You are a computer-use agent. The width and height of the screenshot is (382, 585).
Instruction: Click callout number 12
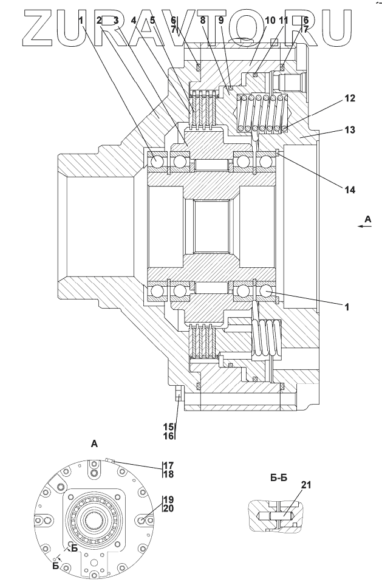(x=350, y=98)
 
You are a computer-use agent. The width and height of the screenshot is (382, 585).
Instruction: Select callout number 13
(x=350, y=130)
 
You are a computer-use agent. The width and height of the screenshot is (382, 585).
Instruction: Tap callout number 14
(x=350, y=190)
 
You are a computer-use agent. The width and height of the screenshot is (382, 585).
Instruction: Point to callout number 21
(x=306, y=485)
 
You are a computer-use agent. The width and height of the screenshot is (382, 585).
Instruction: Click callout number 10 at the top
(x=271, y=21)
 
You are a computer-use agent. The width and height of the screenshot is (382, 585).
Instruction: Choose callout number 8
(x=203, y=21)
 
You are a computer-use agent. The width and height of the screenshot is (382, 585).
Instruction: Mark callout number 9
(x=221, y=21)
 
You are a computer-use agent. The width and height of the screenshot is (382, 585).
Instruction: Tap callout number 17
(x=168, y=465)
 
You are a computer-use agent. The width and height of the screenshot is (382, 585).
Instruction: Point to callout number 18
(x=168, y=474)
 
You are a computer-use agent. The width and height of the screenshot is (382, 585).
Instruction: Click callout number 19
(x=168, y=499)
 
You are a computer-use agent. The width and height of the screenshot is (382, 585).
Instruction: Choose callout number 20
(x=168, y=508)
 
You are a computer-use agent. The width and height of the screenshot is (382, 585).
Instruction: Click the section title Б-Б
(x=279, y=478)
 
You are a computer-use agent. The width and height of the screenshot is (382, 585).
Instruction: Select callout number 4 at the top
(x=134, y=21)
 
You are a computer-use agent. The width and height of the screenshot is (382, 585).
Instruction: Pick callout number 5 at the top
(x=152, y=21)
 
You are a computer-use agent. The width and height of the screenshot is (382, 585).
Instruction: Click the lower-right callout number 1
(x=347, y=307)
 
